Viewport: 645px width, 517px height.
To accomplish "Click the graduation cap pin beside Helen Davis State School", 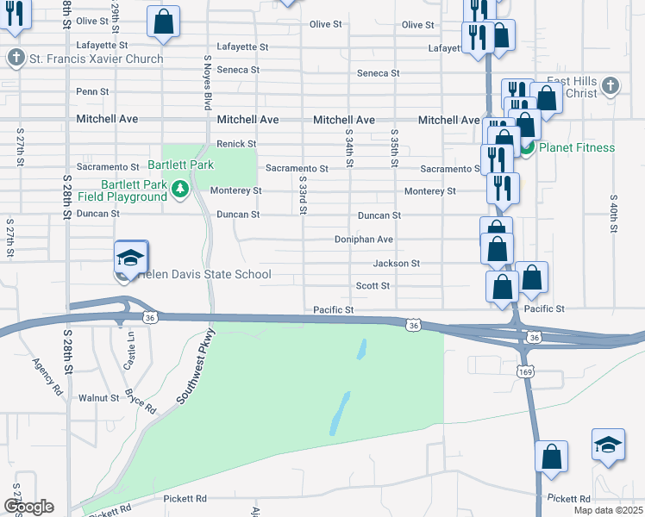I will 131,258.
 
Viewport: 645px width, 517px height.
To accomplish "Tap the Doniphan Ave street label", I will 364,240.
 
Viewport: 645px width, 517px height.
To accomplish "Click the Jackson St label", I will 397,263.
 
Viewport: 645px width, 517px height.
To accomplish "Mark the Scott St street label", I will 373,285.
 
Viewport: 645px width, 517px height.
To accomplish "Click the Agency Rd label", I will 47,377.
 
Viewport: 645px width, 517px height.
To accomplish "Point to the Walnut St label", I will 98,398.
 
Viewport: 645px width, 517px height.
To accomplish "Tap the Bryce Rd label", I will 140,402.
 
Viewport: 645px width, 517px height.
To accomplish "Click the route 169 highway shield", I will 526,371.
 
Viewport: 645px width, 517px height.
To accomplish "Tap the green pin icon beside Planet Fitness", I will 526,148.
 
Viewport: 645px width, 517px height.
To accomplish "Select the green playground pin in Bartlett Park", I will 179,189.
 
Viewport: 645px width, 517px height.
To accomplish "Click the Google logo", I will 28,507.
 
